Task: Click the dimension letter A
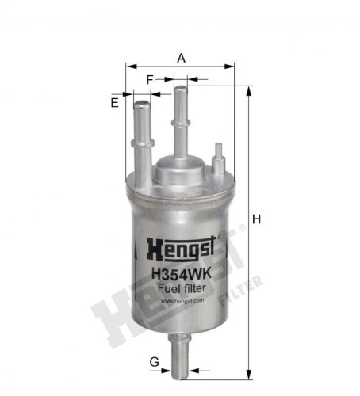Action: coord(181,58)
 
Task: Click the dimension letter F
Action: coord(150,80)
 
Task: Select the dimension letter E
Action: coord(114,103)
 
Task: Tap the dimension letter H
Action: coord(256,219)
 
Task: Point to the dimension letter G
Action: coord(155,362)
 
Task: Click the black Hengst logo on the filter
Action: coord(181,249)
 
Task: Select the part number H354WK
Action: coord(182,274)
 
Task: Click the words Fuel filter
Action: coord(182,288)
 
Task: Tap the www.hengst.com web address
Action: coord(182,301)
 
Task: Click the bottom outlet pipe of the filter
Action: coord(180,356)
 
